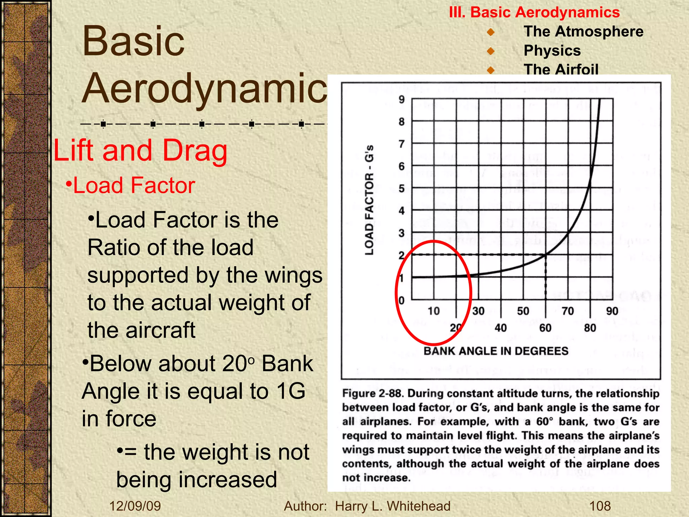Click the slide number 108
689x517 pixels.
click(x=600, y=506)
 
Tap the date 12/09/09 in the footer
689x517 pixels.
click(x=135, y=506)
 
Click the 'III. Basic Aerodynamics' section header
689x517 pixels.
click(x=534, y=12)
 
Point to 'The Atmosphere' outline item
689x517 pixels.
click(x=583, y=32)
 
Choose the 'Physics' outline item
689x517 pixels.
click(x=552, y=51)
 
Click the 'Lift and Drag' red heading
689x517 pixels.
click(x=140, y=150)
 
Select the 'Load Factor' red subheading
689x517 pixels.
click(x=134, y=185)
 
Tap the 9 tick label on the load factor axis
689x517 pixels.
click(x=401, y=100)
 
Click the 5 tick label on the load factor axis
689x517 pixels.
click(x=401, y=188)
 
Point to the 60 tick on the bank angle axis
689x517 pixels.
click(x=545, y=328)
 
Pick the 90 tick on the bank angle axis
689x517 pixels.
click(x=612, y=311)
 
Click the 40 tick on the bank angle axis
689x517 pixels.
click(x=501, y=328)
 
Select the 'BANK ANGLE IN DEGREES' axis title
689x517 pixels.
click(x=496, y=351)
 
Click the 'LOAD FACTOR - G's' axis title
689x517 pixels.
click(x=369, y=200)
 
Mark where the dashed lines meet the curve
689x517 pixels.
click(x=546, y=255)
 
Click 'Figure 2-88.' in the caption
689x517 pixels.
click(x=373, y=393)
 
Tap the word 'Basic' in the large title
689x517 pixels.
click(x=134, y=42)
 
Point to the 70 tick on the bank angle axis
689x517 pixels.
click(x=568, y=311)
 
